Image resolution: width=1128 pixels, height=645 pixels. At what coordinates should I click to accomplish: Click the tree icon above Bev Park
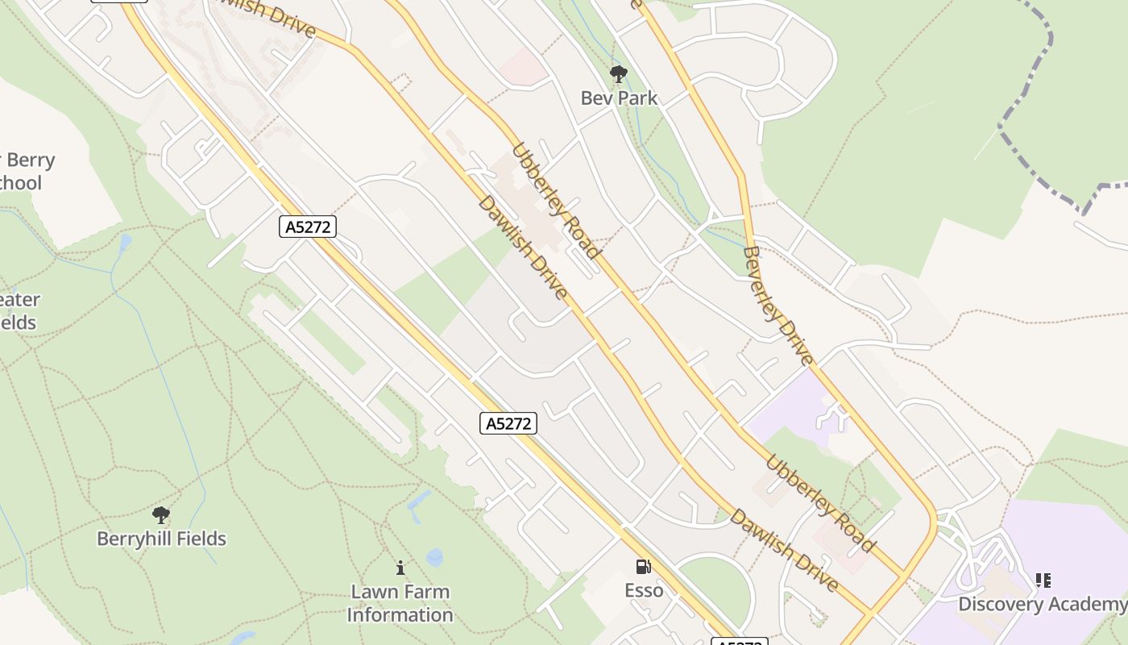click(619, 75)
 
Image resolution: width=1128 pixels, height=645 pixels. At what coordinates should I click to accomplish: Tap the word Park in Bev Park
click(637, 98)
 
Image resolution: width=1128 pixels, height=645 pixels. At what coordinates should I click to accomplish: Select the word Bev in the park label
click(596, 98)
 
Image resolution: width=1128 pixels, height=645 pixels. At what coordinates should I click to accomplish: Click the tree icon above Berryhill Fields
click(161, 515)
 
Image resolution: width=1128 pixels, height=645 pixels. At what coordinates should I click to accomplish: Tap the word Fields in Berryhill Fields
click(202, 539)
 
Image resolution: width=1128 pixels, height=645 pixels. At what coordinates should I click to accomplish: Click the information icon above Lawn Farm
click(400, 568)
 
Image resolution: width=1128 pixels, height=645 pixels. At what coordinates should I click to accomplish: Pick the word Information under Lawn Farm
click(400, 615)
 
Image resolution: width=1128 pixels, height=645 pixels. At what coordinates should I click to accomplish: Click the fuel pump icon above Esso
click(644, 567)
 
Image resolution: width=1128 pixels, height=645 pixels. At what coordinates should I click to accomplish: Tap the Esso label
click(644, 591)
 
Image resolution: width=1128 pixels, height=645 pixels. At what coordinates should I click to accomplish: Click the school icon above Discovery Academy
click(1043, 580)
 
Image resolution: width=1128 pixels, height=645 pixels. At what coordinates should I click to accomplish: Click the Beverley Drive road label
click(778, 306)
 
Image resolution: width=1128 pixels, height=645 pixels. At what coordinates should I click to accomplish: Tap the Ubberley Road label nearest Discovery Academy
click(819, 504)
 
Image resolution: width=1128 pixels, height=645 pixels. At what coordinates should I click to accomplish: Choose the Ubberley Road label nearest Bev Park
click(556, 202)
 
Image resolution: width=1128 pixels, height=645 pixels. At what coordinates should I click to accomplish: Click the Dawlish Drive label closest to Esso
click(783, 551)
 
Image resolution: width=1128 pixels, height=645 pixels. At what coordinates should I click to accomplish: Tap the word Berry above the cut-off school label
click(31, 160)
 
